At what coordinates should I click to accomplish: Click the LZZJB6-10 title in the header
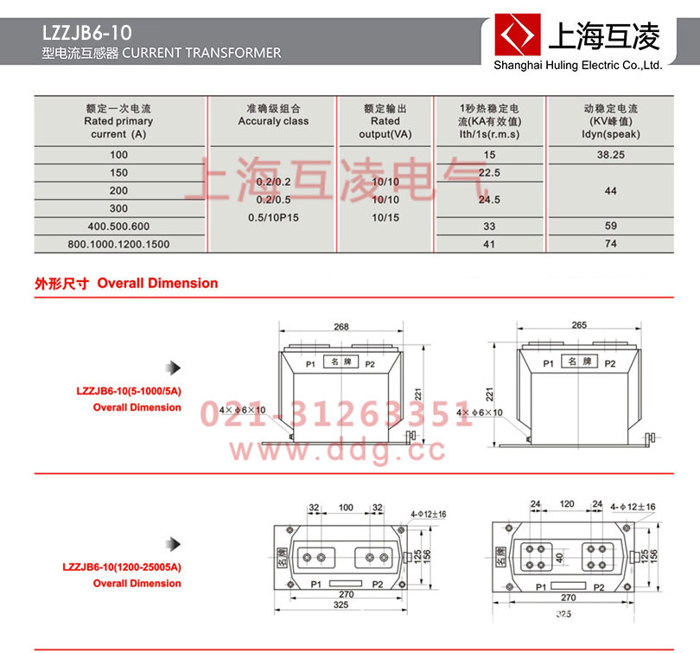(x=86, y=34)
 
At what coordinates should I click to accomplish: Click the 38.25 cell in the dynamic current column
(x=611, y=154)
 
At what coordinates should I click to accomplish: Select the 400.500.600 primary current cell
(x=119, y=226)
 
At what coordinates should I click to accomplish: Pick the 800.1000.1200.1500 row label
(x=119, y=245)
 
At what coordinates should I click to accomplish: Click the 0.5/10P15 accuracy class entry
(x=273, y=216)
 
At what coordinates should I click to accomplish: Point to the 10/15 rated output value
(x=385, y=216)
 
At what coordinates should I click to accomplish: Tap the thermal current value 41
(x=490, y=245)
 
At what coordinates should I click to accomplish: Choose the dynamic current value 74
(x=611, y=245)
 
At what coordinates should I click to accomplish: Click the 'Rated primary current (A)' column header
(x=119, y=121)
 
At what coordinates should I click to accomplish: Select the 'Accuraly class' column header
(x=273, y=121)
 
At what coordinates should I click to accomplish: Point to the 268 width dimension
(x=341, y=326)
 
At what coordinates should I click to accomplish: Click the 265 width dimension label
(x=579, y=325)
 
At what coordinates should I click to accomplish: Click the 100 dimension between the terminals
(x=346, y=507)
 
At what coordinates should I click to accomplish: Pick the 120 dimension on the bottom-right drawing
(x=566, y=503)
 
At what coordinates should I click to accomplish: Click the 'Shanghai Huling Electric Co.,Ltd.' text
(x=576, y=65)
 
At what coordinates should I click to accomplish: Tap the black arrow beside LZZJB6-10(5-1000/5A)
(x=175, y=367)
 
